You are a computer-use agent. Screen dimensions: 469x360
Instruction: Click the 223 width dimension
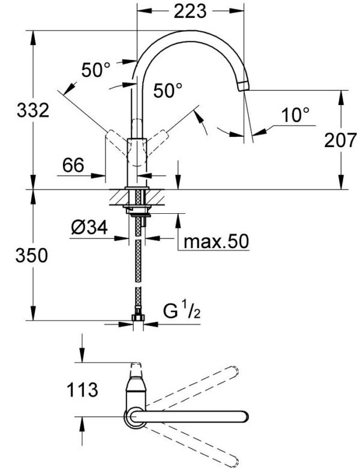pyautogui.click(x=190, y=11)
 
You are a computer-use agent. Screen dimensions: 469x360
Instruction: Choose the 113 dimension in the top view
pyautogui.click(x=84, y=390)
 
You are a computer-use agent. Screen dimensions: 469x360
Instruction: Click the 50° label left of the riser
pyautogui.click(x=96, y=71)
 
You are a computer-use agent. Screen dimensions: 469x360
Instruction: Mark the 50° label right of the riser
pyautogui.click(x=167, y=91)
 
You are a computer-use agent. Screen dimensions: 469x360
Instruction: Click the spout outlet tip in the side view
pyautogui.click(x=244, y=86)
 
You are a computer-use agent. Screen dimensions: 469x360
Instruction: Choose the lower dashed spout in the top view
pyautogui.click(x=198, y=444)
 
